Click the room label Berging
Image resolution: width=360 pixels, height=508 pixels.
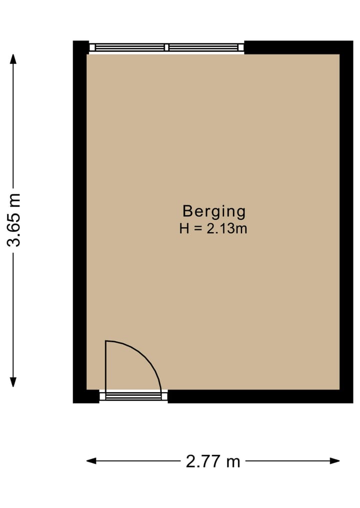[214, 211]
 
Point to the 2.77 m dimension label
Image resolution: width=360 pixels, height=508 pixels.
[213, 461]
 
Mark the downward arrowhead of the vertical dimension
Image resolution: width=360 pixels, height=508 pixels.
[13, 382]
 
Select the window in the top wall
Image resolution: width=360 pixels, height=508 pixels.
[166, 47]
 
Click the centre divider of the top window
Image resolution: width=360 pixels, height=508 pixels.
[166, 47]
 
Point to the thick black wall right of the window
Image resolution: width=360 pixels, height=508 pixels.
[295, 47]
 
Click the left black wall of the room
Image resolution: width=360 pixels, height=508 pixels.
[79, 220]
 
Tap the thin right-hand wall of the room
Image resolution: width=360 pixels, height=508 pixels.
[346, 220]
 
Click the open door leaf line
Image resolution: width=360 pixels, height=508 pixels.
[106, 365]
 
